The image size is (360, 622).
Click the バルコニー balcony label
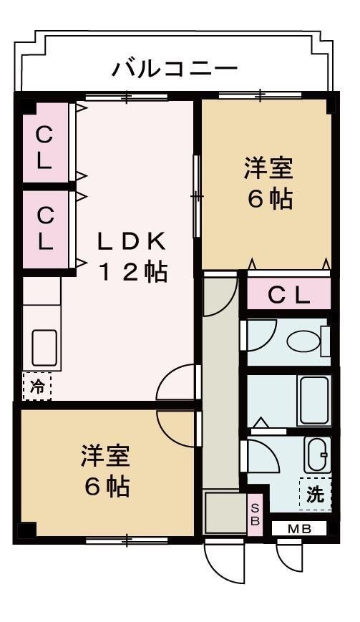pos(175,69)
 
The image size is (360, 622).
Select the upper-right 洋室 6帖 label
pos(268,184)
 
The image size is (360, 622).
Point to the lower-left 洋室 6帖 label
pos(106,472)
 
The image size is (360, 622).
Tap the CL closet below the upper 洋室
pos(289,294)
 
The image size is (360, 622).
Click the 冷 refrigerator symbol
pos(37,387)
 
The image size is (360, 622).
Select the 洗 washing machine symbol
pos(316,493)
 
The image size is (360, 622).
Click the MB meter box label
pos(299,529)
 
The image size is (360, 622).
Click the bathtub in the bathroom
pos(313,401)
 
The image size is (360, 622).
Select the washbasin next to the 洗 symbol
pos(316,453)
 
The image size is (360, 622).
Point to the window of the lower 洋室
pos(126,539)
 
